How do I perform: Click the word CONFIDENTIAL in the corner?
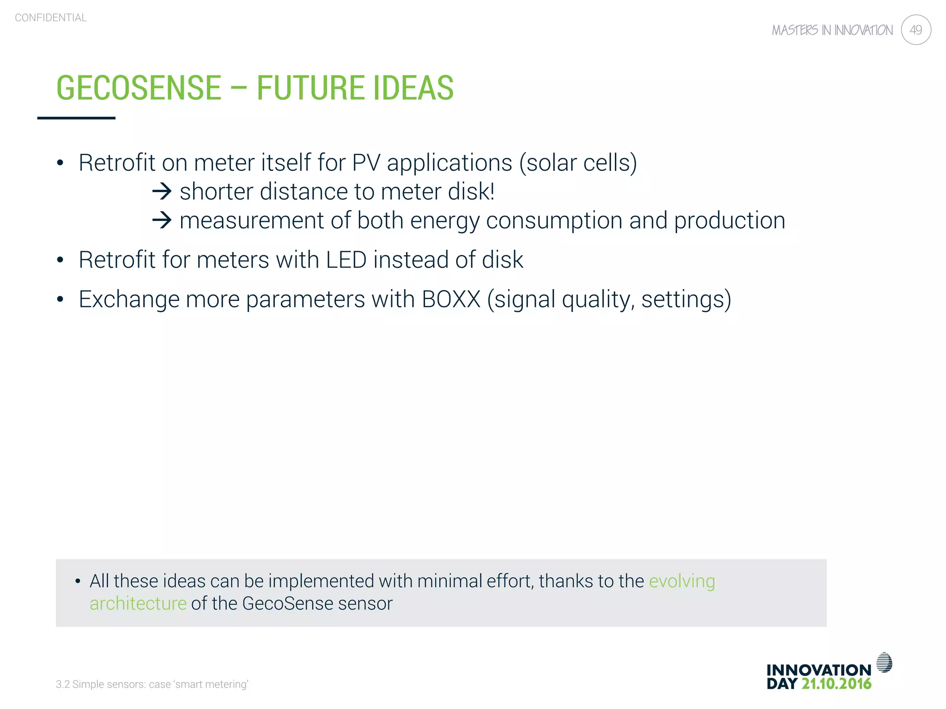click(x=51, y=18)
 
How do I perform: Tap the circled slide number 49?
click(x=916, y=30)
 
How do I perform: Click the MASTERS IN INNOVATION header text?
click(x=832, y=30)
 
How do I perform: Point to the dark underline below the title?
click(x=76, y=118)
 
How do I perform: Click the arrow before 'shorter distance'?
click(x=162, y=191)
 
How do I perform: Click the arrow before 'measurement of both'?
click(x=162, y=220)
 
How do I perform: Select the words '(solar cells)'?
click(x=578, y=163)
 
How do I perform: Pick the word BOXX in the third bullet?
click(x=451, y=299)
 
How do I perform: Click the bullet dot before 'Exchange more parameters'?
click(x=60, y=300)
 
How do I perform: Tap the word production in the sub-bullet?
click(x=729, y=221)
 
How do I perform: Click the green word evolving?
click(x=682, y=581)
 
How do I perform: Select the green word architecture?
click(x=138, y=604)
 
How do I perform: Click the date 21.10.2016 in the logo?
click(x=836, y=684)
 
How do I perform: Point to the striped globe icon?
click(x=884, y=662)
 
